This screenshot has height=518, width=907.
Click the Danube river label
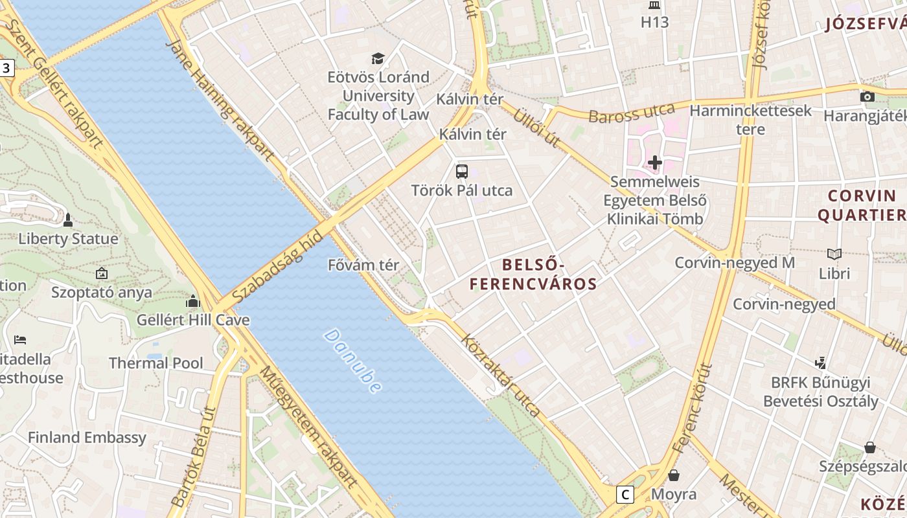pos(352,361)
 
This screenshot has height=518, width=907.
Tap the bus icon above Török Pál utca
pos(461,172)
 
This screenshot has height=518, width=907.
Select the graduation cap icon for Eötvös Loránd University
pos(378,58)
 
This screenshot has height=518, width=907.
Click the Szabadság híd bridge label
pos(277,265)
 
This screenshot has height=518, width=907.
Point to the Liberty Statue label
pos(68,239)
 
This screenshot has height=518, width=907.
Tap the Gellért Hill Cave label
pos(192,320)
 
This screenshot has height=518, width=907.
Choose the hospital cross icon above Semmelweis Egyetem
pos(654,163)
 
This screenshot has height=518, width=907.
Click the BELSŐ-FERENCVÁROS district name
pos(533,274)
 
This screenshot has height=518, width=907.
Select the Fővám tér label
pos(363,265)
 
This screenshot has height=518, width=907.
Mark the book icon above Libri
pos(834,254)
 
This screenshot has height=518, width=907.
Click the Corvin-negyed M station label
pos(735,263)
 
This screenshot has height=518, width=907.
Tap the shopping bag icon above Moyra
pos(674,475)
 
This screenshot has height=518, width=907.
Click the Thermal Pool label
pos(155,363)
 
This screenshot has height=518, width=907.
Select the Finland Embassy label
pos(87,438)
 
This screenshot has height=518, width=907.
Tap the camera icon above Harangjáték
pos(867,97)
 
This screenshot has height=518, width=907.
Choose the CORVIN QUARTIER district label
pos(861,205)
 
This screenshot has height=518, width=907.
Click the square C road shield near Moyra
pos(625,495)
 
